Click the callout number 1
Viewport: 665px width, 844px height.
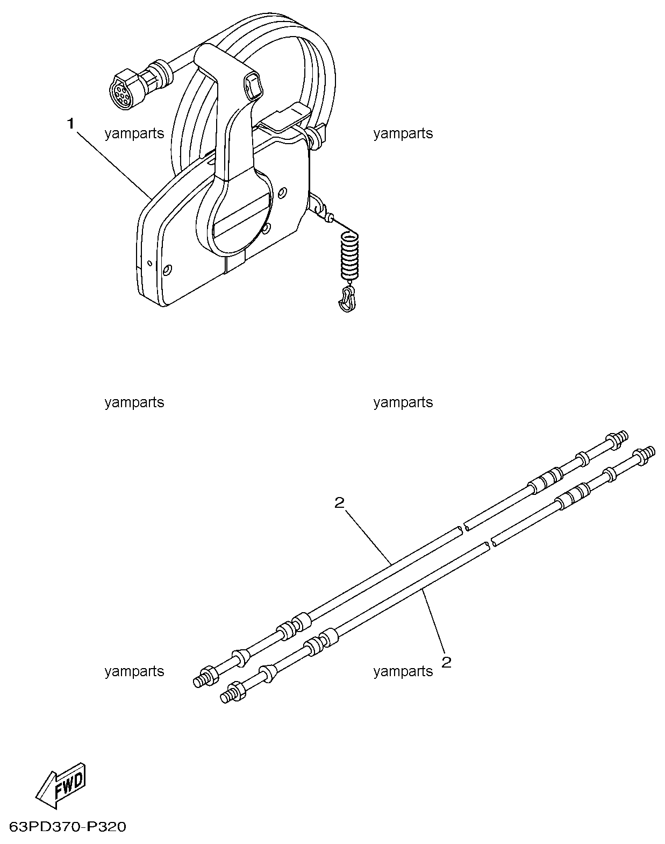(70, 123)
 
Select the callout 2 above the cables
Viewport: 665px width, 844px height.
(339, 502)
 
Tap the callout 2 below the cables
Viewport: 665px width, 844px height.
(446, 661)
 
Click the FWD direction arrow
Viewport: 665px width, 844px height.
(60, 784)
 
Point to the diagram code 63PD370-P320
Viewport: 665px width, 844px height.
(68, 826)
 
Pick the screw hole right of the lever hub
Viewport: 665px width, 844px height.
(283, 191)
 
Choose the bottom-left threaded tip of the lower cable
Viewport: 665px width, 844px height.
(226, 696)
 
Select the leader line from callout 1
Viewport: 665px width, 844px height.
(112, 160)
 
